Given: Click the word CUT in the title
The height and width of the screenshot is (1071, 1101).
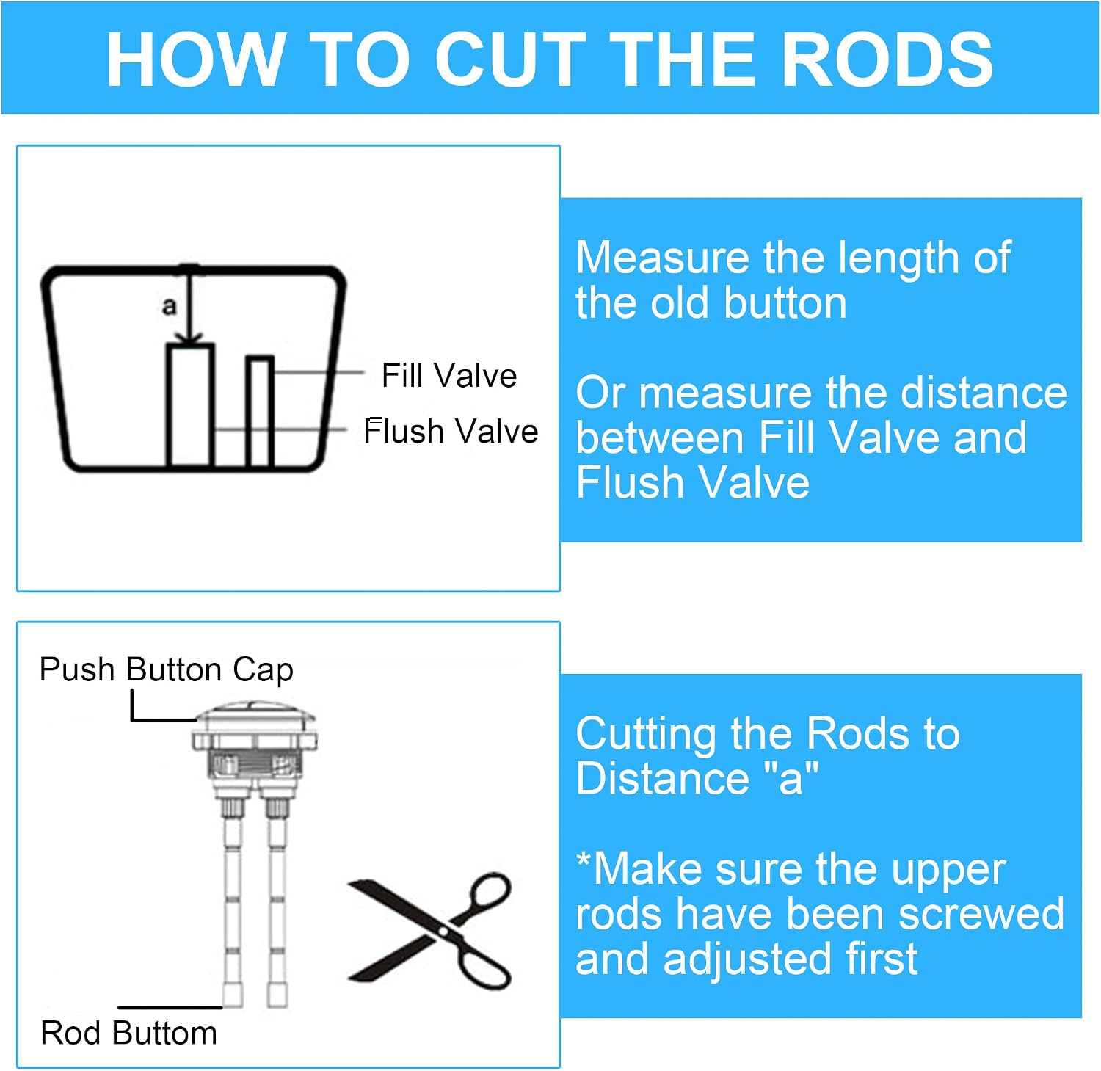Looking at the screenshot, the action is [512, 59].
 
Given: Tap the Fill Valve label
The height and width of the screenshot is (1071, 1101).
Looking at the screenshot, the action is [449, 375].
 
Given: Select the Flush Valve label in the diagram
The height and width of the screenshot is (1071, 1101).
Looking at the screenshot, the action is [451, 431].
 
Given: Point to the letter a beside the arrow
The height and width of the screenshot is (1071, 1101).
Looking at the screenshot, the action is [170, 305].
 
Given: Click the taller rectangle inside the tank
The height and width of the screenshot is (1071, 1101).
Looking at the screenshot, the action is [190, 404].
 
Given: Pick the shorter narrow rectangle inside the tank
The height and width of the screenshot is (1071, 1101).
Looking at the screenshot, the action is [260, 411].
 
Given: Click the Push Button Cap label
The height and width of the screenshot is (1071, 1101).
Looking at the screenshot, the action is [167, 669].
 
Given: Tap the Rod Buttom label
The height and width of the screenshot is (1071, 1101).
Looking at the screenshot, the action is [128, 1033].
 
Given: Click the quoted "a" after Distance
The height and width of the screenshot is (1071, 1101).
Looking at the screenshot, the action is [791, 777].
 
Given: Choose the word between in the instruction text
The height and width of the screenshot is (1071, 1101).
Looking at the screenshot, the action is [660, 438].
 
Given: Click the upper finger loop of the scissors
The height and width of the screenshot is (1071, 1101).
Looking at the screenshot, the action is [485, 896].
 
